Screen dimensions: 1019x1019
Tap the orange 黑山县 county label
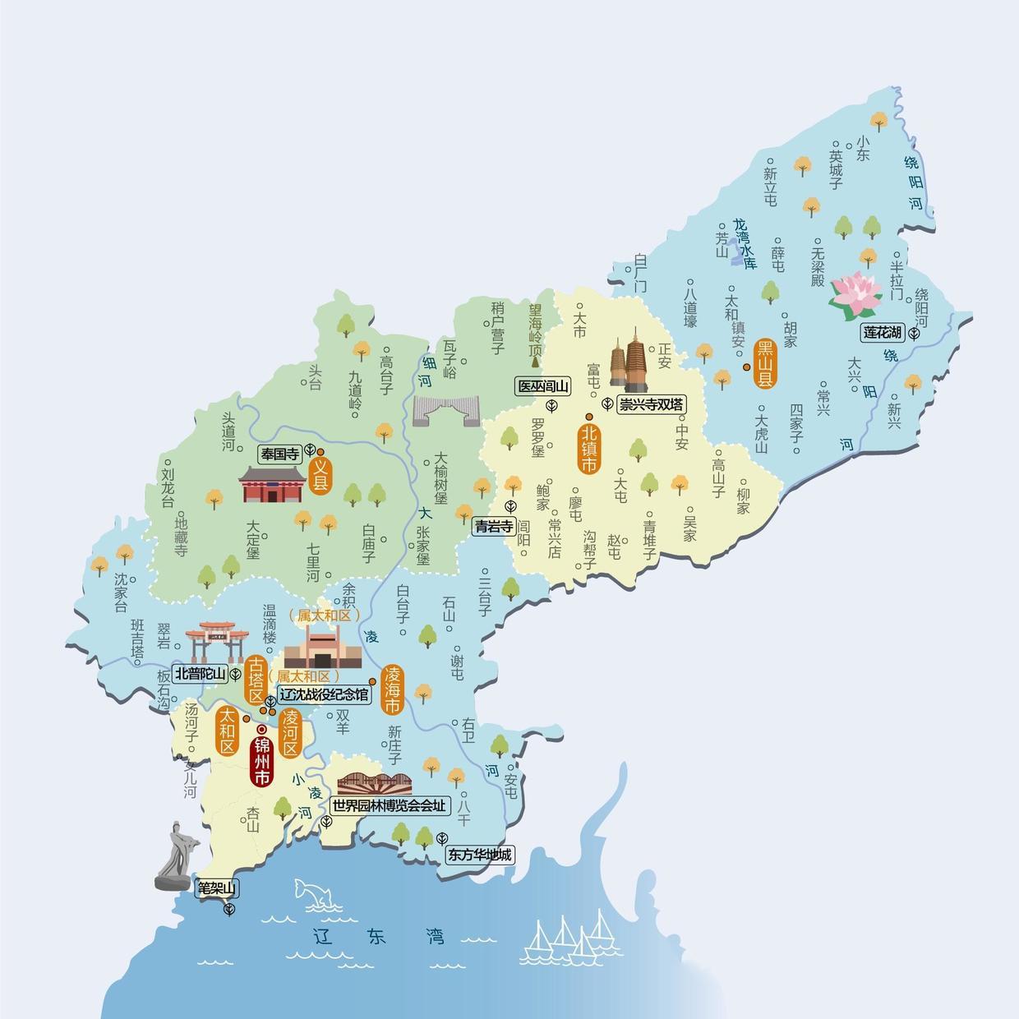pos(766,363)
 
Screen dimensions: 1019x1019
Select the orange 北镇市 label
pos(588,448)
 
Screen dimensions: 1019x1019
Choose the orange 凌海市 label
pos(392,690)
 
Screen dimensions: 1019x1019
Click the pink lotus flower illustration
pos(856,296)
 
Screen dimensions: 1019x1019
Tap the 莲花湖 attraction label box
pos(883,333)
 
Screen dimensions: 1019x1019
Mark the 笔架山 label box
pos(216,888)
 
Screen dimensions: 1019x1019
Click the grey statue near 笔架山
pos(177,859)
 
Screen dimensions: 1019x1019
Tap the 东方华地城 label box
pos(479,855)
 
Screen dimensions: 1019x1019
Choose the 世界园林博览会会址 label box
pos(390,806)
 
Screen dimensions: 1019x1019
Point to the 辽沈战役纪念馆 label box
pos(324,694)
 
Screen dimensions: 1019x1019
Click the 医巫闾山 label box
pos(542,386)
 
